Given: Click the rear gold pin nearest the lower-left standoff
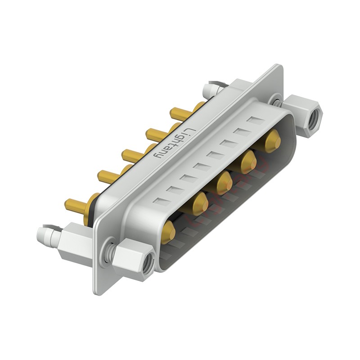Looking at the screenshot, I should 76,207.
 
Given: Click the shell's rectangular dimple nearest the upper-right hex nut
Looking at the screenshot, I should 255,121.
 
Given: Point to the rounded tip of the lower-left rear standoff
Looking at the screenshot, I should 43,234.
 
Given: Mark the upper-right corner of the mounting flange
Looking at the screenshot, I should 280,67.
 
